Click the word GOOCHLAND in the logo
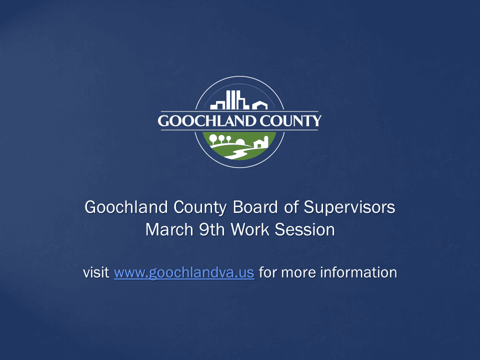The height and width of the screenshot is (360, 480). [202, 121]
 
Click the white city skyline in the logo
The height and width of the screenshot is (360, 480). [230, 100]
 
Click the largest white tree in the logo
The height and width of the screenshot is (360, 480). [213, 138]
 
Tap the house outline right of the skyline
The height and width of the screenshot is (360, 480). [259, 105]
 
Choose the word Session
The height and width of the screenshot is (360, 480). [306, 230]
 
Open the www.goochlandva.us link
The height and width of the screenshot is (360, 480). [184, 273]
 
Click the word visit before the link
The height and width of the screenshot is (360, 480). [96, 273]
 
